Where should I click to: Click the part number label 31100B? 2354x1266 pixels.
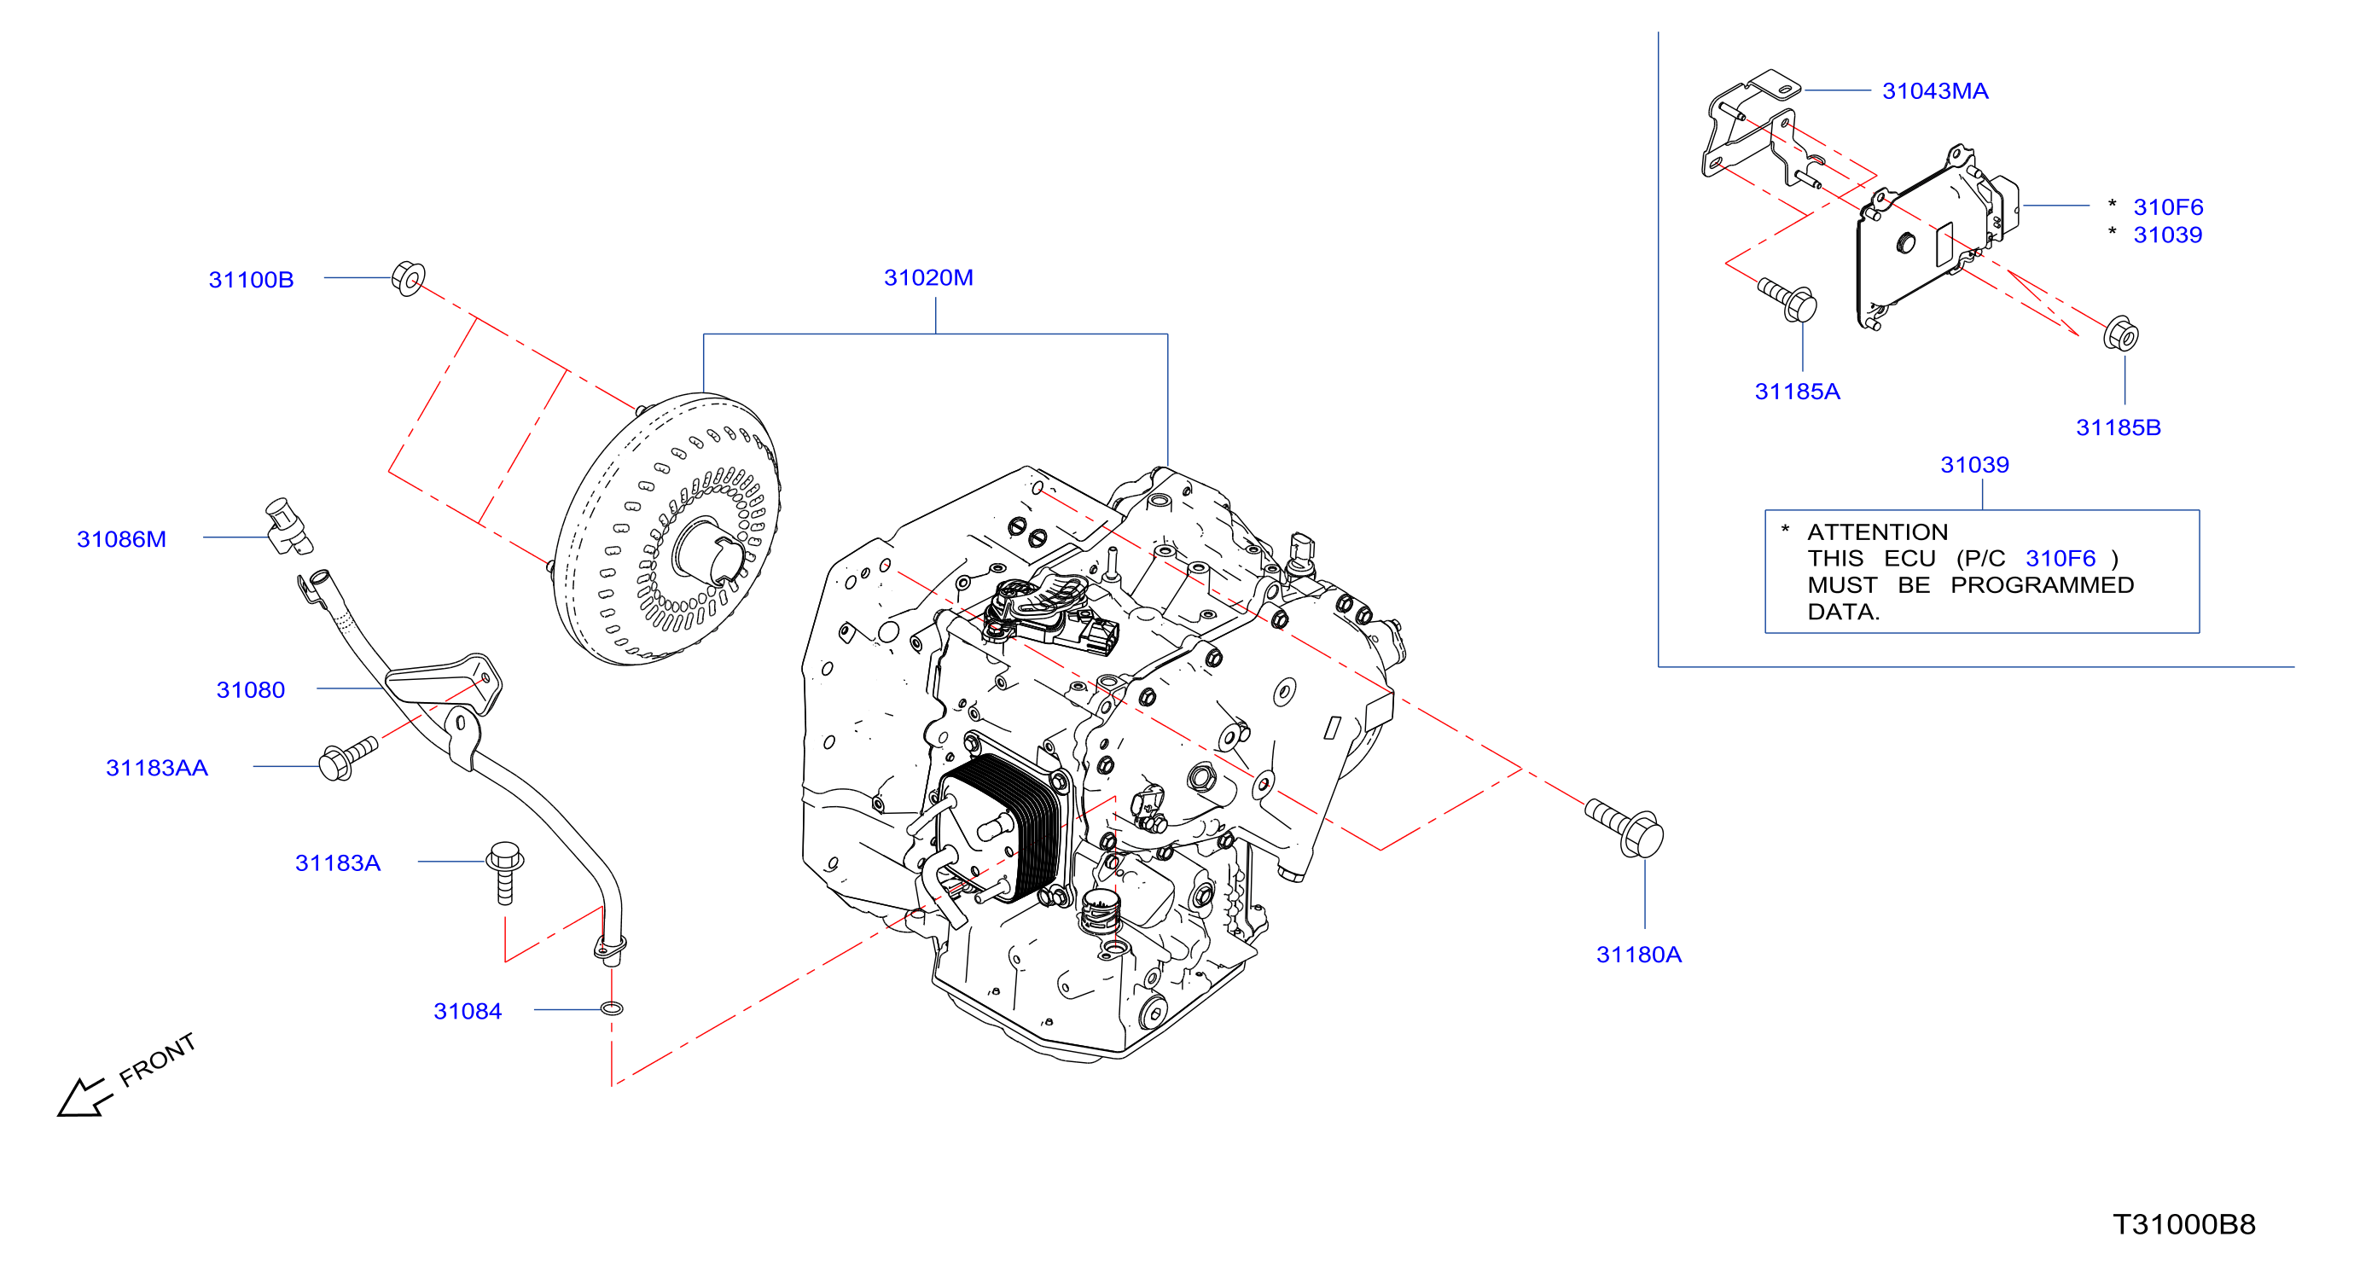(252, 280)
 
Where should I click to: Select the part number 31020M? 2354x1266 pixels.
(928, 277)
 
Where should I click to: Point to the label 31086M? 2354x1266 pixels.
(121, 539)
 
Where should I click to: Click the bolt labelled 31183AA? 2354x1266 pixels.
(347, 758)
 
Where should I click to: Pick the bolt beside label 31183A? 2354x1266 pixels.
(504, 873)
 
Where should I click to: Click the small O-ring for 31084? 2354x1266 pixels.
(613, 1008)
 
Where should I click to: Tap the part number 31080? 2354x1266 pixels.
(250, 689)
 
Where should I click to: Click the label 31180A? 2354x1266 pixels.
(1638, 955)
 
